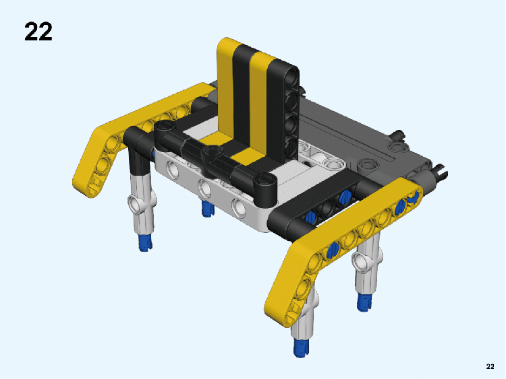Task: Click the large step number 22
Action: [38, 32]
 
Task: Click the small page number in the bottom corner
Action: [490, 366]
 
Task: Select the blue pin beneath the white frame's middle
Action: [208, 208]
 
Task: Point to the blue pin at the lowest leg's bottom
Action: [301, 347]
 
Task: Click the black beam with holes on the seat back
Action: [283, 110]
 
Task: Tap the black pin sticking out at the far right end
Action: [440, 171]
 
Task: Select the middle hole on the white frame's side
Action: [204, 188]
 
